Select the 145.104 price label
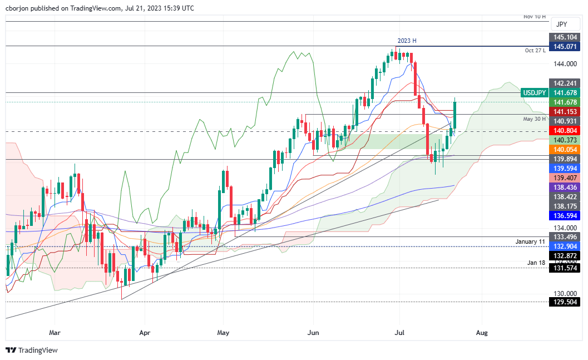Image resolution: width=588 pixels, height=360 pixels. coord(565,37)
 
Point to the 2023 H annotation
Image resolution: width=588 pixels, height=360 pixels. coord(406,41)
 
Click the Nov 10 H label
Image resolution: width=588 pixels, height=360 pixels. coord(534,17)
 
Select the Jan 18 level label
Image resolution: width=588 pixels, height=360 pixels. coord(536,262)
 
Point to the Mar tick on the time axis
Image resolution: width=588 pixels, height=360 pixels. coord(55,332)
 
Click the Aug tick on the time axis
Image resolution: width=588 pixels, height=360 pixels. coord(482,332)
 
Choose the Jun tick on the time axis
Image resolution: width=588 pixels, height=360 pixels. coord(314,332)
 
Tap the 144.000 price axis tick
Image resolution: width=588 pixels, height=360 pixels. coord(565,64)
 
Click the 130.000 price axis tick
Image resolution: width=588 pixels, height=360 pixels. coord(565,294)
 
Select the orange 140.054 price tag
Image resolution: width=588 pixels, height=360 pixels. coord(565,150)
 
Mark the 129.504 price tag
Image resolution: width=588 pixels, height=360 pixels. coord(565,302)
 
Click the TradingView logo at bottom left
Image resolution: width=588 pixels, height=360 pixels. coord(32,350)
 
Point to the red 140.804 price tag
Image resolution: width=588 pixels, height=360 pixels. coord(565,130)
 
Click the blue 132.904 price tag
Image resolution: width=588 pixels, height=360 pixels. coord(565,246)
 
